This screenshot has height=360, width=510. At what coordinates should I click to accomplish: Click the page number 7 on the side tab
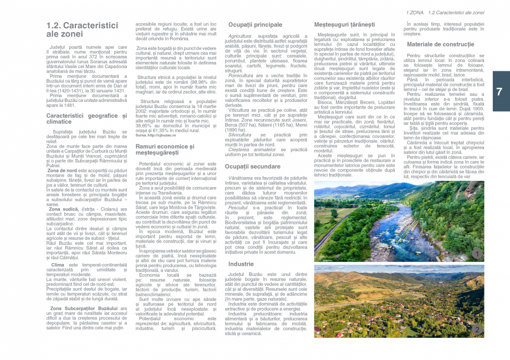[x=499, y=92]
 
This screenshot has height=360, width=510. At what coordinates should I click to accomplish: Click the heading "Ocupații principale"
[x=255, y=25]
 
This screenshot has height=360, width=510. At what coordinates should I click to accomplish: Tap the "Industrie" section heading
[x=241, y=264]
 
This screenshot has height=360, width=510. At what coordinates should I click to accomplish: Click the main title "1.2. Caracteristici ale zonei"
[x=82, y=29]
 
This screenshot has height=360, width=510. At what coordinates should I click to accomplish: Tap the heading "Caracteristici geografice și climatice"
[x=86, y=119]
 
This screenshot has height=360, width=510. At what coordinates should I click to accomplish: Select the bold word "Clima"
[x=57, y=265]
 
